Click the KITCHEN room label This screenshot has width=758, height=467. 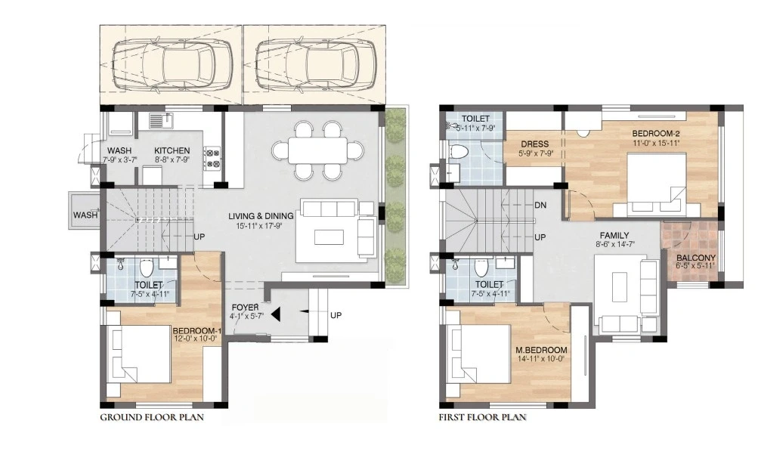point(172,151)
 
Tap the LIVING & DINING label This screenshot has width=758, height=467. point(261,216)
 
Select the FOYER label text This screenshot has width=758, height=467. point(245,308)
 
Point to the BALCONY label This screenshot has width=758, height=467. point(696,258)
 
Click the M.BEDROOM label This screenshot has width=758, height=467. point(541,350)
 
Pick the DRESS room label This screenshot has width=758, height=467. point(535,144)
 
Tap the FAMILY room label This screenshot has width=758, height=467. point(614,236)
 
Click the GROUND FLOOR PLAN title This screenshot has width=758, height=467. point(152,417)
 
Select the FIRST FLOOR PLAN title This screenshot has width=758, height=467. point(483,417)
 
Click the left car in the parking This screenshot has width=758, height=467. point(171,65)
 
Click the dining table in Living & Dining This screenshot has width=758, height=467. point(317,150)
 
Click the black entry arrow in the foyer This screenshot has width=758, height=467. point(276,314)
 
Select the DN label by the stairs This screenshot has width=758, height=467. point(540,205)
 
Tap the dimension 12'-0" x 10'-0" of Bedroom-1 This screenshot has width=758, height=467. point(196,339)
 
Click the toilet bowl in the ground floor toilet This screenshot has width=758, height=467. point(147,267)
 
